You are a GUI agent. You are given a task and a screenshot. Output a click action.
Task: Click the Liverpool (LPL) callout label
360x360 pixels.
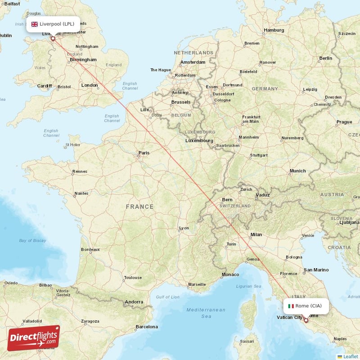click(x=53, y=24)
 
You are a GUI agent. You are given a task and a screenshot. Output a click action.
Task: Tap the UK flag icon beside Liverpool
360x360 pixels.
click(x=34, y=24)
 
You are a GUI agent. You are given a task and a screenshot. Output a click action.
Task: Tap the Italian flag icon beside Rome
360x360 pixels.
click(x=291, y=306)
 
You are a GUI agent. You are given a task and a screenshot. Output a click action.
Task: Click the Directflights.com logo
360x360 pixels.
click(x=33, y=338)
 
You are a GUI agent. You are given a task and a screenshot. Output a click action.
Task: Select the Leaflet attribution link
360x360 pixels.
click(x=350, y=356)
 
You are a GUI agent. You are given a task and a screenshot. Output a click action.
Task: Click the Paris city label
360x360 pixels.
click(x=144, y=153)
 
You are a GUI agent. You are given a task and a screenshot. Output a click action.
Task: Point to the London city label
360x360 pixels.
click(x=90, y=85)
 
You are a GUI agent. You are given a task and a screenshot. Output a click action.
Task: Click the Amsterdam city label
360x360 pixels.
click(x=193, y=62)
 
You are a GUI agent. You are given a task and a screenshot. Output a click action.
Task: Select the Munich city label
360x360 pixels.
click(x=297, y=171)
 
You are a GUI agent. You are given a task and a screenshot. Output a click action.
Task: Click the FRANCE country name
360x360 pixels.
click(x=139, y=207)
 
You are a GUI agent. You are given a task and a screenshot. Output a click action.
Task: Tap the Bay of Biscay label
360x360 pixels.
click(x=32, y=241)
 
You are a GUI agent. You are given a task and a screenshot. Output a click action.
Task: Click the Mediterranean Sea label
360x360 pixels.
click(x=206, y=313)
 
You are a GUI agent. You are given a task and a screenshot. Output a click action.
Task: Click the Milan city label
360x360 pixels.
click(x=256, y=234)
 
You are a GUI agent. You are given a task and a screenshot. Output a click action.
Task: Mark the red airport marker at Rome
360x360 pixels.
click(x=306, y=320)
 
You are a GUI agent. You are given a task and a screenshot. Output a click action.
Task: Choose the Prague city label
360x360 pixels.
click(x=344, y=122)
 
